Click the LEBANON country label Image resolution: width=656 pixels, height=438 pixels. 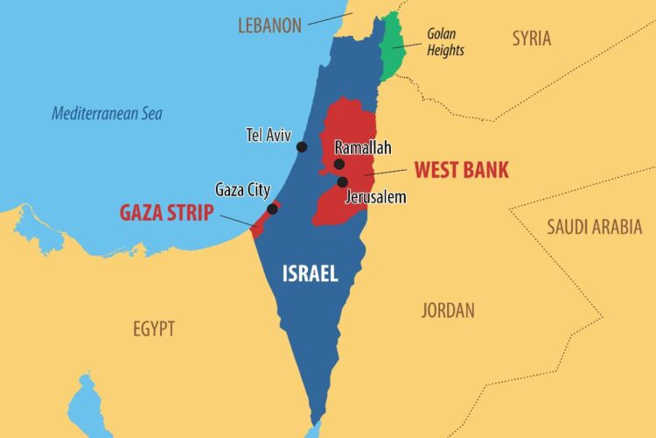tap(269, 25)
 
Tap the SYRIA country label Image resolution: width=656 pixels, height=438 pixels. tap(532, 38)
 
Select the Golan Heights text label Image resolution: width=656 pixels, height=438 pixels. tap(444, 42)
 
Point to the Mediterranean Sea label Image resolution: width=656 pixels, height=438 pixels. tap(107, 113)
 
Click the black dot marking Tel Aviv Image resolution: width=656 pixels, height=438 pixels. tap(302, 147)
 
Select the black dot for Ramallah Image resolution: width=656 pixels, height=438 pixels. tap(339, 164)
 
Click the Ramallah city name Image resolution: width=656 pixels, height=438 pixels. tap(362, 148)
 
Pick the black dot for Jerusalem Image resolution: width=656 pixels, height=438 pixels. tap(342, 182)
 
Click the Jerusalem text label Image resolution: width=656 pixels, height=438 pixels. tap(376, 197)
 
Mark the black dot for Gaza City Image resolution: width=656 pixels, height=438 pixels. tap(273, 208)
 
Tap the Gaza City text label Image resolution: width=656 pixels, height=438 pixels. tap(243, 190)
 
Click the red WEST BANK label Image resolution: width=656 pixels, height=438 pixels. tap(461, 169)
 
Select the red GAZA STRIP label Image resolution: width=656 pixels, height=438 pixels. tap(166, 212)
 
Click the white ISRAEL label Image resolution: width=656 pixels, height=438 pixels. tap(310, 273)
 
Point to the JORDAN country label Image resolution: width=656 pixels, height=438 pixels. tap(448, 310)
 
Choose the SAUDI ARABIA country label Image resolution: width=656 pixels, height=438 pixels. tap(594, 227)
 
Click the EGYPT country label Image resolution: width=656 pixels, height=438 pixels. tap(154, 329)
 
